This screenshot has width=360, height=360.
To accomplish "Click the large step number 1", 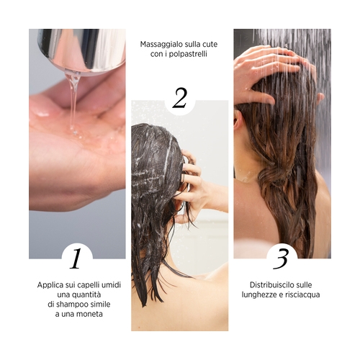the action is coord(76,258).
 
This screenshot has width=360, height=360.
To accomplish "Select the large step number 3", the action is coord(281,258).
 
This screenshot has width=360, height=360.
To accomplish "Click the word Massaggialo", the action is coord(158,45).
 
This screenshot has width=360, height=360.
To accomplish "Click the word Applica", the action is coord(50,285).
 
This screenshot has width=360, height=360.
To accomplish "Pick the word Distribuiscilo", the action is coord(272,285).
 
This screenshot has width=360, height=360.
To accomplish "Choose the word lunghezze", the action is coord(259,295).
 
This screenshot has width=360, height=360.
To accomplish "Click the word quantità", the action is coord(86,295).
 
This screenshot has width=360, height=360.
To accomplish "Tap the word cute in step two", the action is coord(210,45).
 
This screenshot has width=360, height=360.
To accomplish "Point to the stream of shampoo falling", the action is coord(73,101).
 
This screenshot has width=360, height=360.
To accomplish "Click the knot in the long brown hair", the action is coord(276,175).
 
